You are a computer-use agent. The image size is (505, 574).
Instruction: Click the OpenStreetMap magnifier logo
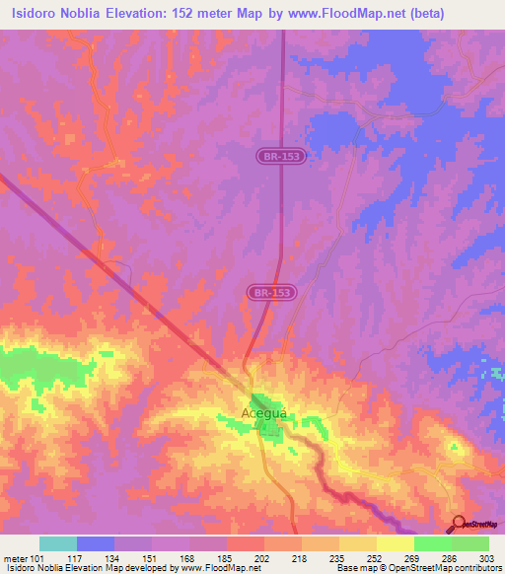[459, 524]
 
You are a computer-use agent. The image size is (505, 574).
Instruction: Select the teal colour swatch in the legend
[58, 543]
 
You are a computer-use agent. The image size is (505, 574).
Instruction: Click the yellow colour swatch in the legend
[395, 543]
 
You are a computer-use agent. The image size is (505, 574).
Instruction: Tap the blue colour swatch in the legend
[96, 543]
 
